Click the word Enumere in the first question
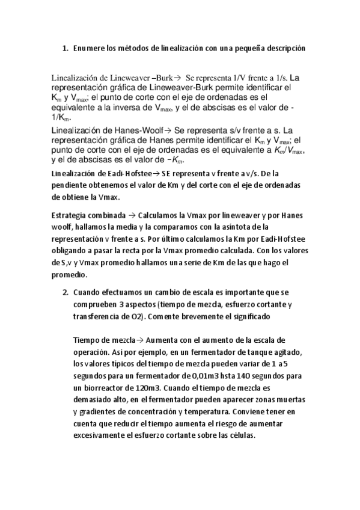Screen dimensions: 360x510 pyautogui.click(x=89, y=48)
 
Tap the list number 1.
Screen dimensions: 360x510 pyautogui.click(x=64, y=48)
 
